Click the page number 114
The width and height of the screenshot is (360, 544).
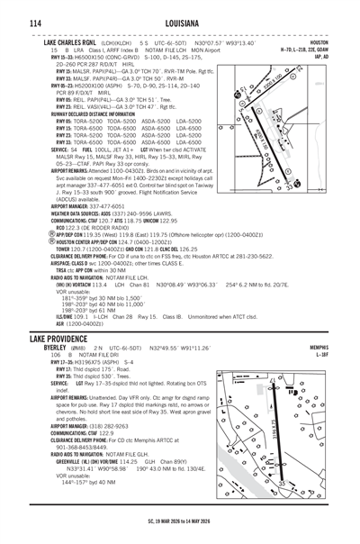coord(21,23)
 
